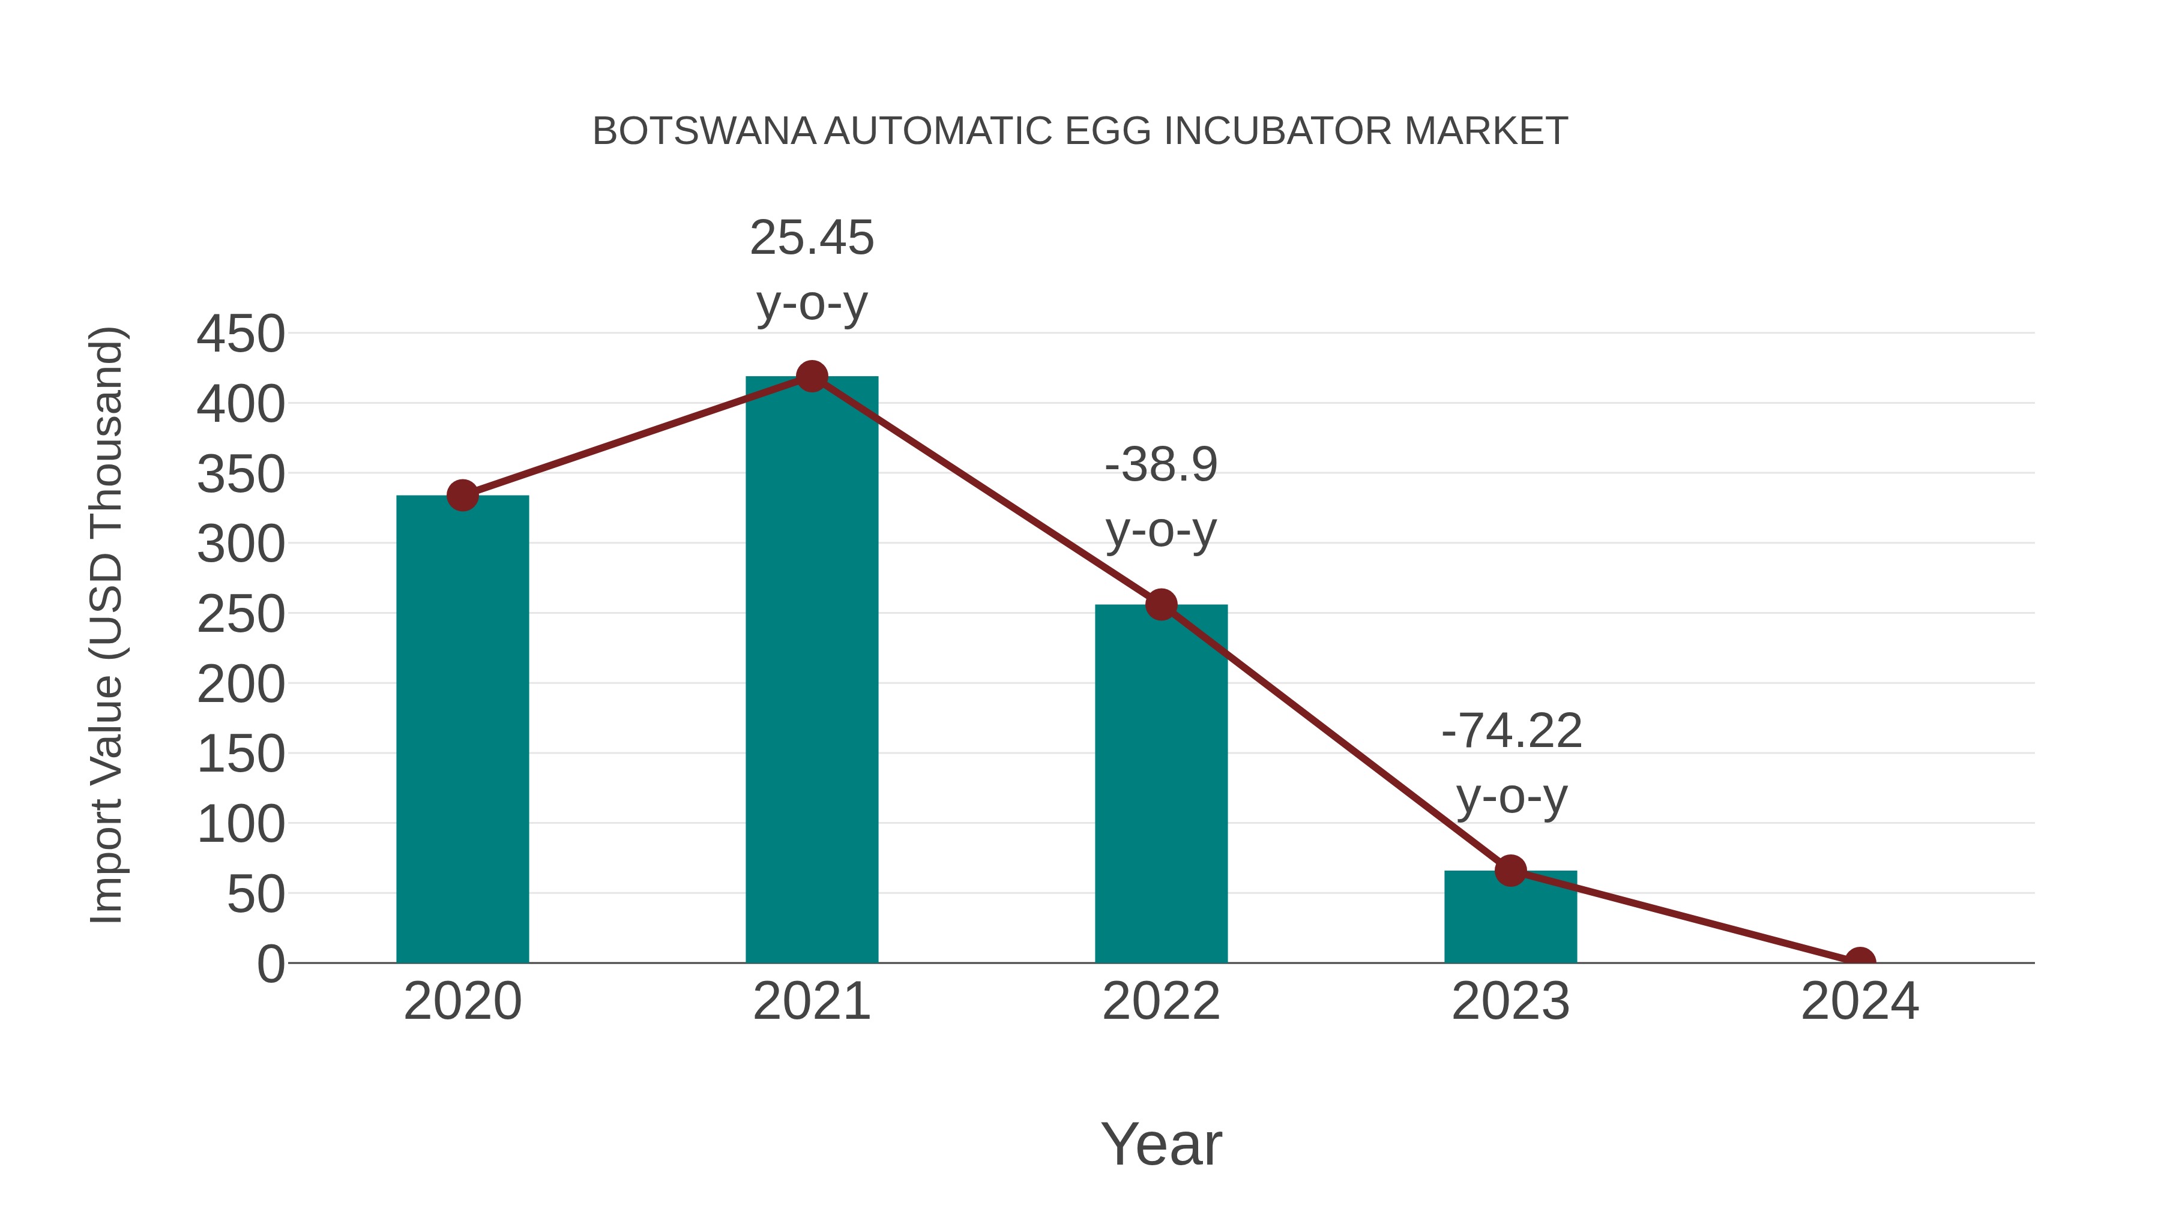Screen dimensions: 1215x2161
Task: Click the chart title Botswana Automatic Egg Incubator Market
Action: (x=1080, y=131)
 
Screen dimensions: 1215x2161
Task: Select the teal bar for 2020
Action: (x=462, y=730)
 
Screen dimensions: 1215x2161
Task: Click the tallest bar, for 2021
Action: (x=811, y=671)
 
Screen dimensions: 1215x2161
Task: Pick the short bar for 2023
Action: (x=1510, y=918)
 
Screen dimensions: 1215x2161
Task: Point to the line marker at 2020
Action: (x=462, y=496)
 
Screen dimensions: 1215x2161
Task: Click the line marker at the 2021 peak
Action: (x=811, y=376)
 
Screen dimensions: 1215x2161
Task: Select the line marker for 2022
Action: (x=1161, y=605)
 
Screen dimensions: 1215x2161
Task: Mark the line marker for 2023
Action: (x=1510, y=871)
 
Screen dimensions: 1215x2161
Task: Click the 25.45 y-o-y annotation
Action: (x=811, y=270)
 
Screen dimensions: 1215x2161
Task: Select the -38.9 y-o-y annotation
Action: (x=1161, y=497)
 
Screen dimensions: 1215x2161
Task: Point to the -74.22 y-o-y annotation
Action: (x=1511, y=763)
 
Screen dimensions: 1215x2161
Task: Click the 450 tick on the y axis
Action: (x=241, y=335)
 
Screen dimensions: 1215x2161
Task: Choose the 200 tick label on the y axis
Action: (x=241, y=685)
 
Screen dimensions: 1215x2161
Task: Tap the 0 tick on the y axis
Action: (x=271, y=964)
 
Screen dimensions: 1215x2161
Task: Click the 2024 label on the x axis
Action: (x=1860, y=1002)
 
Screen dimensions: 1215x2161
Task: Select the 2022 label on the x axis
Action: (x=1161, y=1002)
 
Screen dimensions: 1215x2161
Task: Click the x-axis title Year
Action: (x=1161, y=1145)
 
